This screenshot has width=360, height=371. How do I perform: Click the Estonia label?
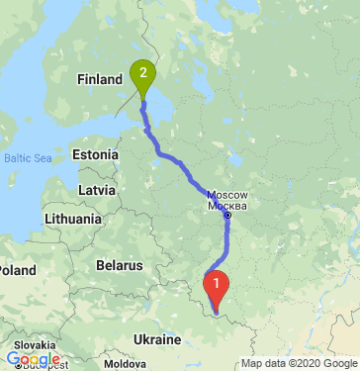[x=95, y=154]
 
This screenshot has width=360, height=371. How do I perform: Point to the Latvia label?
[x=97, y=188]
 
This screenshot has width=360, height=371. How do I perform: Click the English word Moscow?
[x=227, y=195]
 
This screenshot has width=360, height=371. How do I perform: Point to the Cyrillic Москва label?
[x=226, y=206]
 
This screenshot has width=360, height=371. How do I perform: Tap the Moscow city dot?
[x=227, y=215]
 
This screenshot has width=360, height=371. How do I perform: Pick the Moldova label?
[x=125, y=364]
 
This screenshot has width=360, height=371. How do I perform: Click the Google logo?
[x=33, y=359]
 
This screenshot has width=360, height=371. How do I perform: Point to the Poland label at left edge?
[x=17, y=269]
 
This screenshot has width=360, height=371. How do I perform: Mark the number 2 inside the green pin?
[x=144, y=72]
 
